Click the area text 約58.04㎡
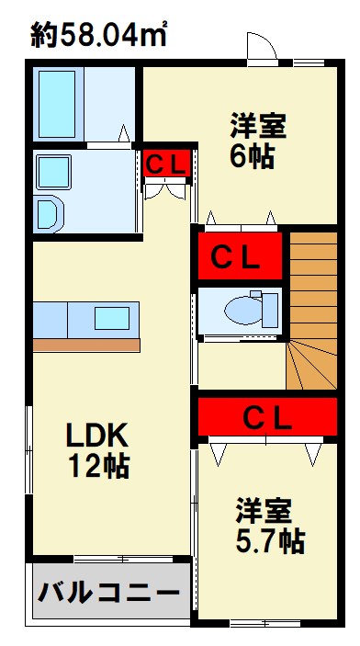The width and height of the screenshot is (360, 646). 100,36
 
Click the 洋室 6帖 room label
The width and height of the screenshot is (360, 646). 249,141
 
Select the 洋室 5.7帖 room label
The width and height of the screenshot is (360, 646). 267,525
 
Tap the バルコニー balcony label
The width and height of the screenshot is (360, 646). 108,591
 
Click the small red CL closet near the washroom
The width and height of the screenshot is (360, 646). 167,163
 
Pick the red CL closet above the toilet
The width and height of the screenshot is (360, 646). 240,256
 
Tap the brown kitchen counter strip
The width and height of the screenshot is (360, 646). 86,345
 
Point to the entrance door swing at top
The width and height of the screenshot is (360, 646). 261,47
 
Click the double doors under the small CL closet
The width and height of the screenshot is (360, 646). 166,191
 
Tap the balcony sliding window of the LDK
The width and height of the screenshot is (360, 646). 124,557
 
